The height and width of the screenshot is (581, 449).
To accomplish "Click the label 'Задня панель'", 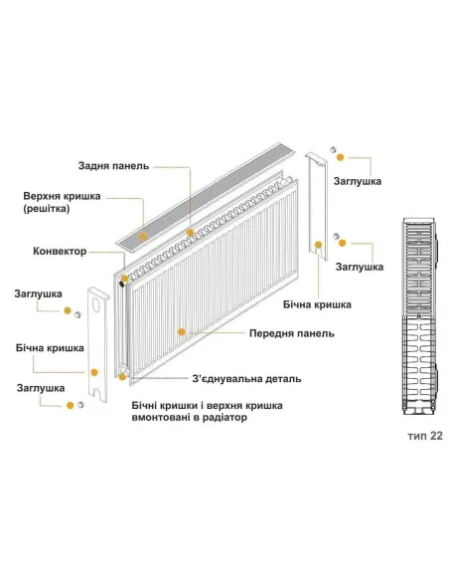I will pos(113,165).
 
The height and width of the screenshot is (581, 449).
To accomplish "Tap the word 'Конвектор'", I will pos(61,251).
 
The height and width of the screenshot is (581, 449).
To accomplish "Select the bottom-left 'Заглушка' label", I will pos(40,388).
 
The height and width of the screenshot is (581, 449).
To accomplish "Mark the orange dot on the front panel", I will pos(181,329).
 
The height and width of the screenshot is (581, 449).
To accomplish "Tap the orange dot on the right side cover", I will pos(319,243).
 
